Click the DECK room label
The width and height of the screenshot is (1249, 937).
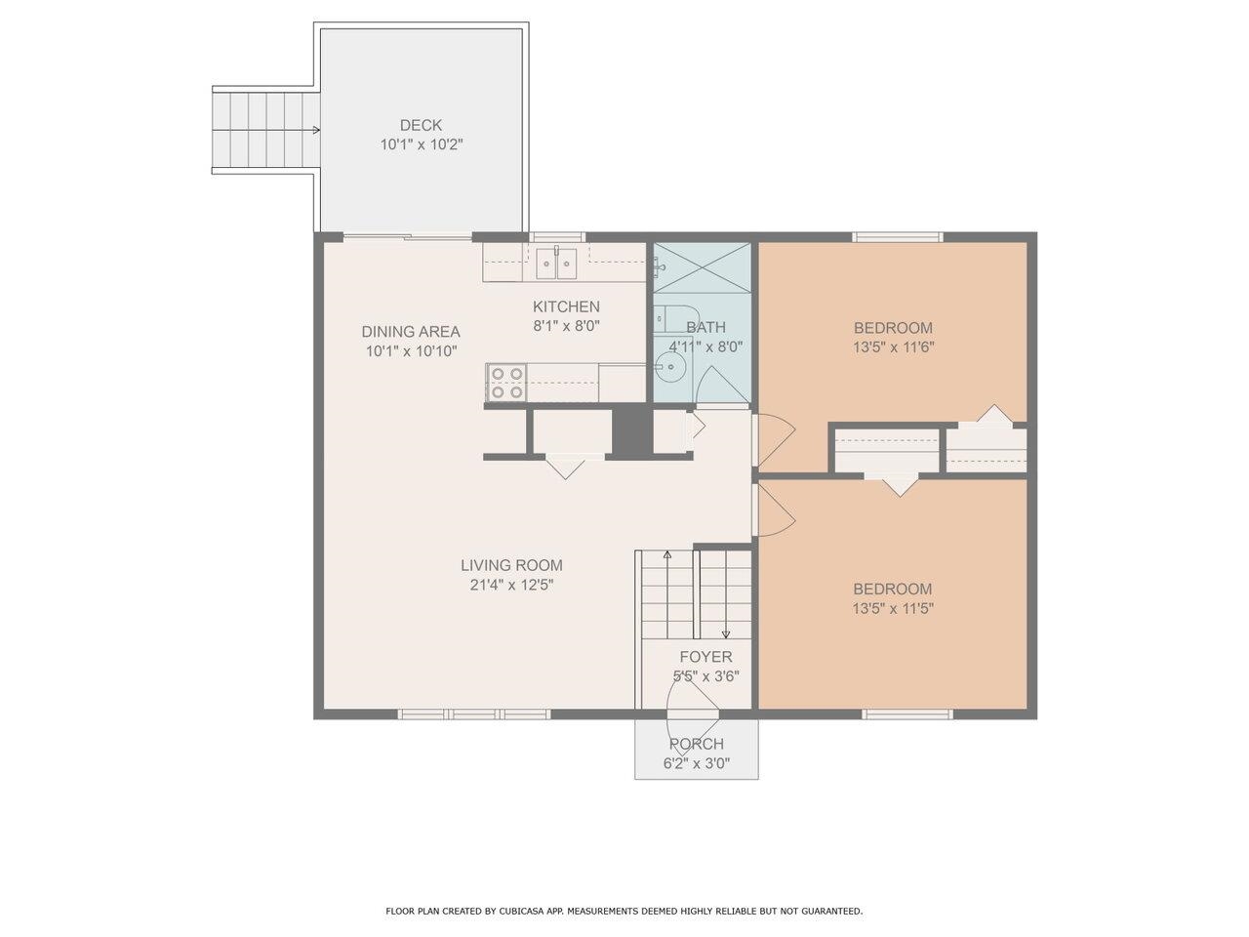(421, 125)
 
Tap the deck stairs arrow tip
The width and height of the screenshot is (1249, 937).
(317, 130)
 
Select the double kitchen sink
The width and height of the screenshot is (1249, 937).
(557, 262)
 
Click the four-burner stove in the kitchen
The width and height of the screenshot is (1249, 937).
(506, 382)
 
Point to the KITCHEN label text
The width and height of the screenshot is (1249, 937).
(566, 306)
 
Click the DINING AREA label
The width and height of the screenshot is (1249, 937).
(411, 331)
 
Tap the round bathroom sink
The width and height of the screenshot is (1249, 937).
(669, 369)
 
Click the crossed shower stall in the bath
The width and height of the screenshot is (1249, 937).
(702, 266)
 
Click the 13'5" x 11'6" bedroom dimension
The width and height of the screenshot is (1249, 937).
(894, 346)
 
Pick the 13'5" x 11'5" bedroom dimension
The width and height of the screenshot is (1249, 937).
(893, 607)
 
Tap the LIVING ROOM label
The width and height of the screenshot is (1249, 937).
(511, 565)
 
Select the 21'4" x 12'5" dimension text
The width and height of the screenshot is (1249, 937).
(511, 585)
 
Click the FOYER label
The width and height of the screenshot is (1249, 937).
(705, 657)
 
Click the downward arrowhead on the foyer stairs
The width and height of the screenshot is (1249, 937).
(725, 634)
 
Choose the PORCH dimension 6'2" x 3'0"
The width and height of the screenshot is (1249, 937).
(697, 763)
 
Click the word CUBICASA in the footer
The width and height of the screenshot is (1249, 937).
(525, 911)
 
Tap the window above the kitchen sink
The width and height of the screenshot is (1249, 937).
(557, 236)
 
